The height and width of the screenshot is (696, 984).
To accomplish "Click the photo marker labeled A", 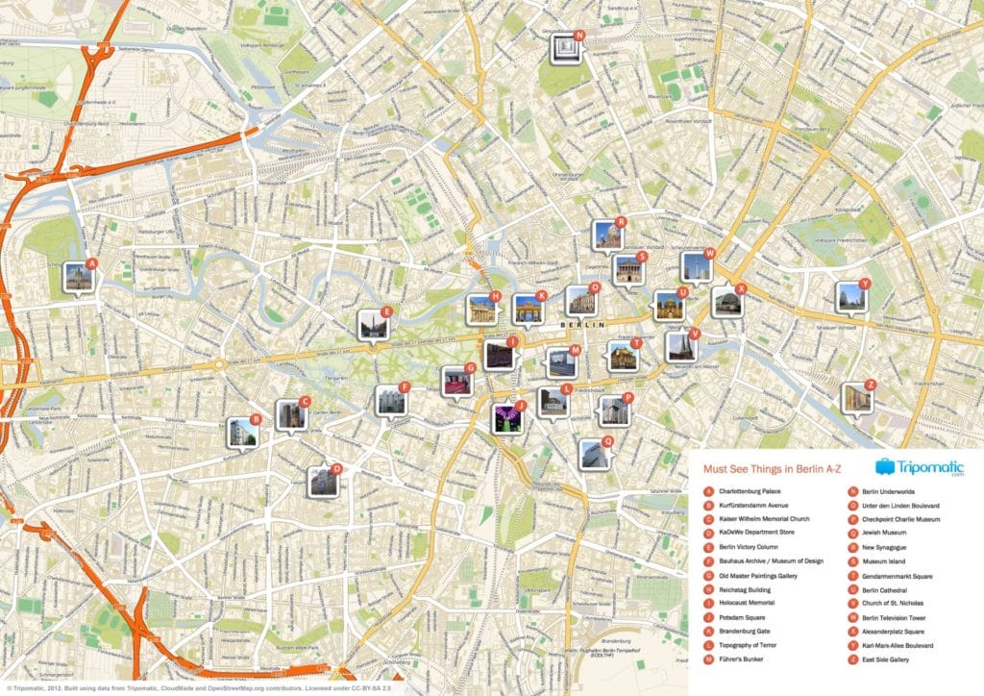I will pos(79,278).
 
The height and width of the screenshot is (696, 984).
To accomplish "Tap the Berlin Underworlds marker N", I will pos(565,49).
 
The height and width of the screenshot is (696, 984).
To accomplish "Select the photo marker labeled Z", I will pos(856,397).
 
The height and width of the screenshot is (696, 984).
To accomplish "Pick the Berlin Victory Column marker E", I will pos(374,325).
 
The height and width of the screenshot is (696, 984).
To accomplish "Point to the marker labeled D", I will pos(323,482).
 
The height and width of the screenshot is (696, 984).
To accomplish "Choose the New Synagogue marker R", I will pos(607,235).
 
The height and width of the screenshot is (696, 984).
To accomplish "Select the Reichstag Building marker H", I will pos(481,309).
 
